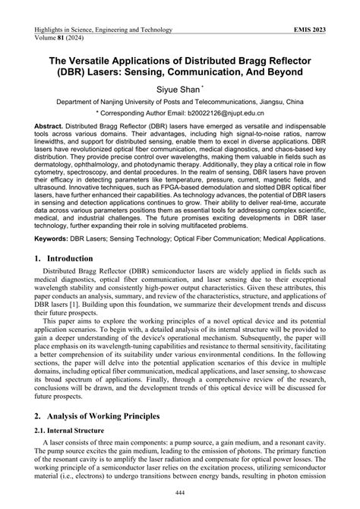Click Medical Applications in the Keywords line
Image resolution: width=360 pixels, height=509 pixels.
283,279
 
